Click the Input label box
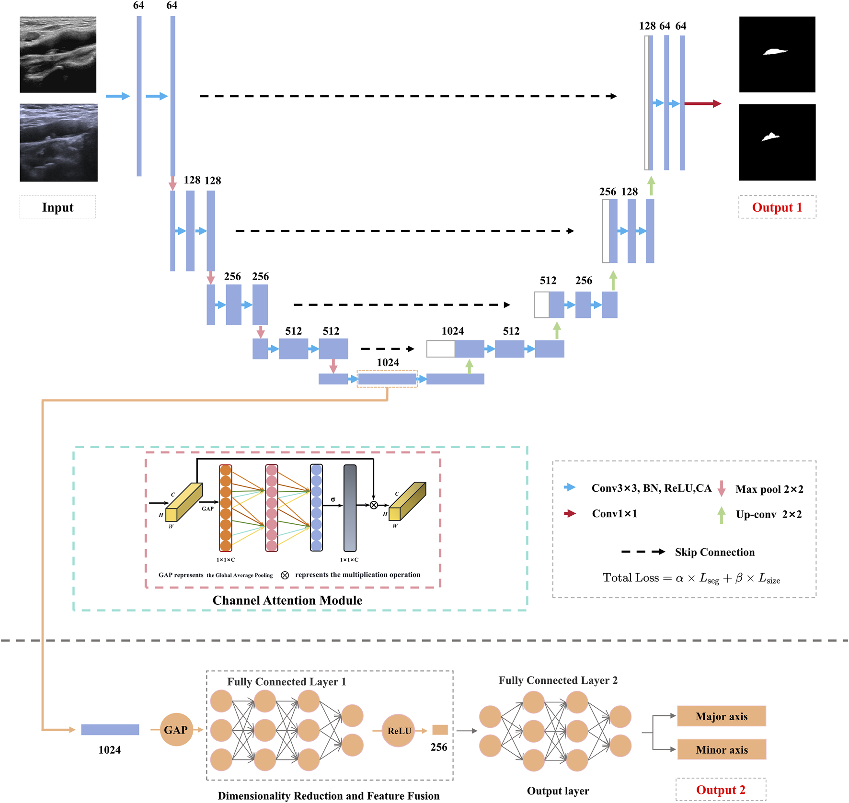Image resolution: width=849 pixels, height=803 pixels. [57, 207]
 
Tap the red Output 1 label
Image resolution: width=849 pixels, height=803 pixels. [777, 207]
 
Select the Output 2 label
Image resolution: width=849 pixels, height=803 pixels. [720, 790]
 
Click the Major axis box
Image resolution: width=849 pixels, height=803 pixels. [721, 716]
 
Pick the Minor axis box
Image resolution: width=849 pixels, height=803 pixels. [721, 750]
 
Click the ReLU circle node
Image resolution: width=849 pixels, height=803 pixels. [399, 731]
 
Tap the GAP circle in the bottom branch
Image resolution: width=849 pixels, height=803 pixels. [176, 730]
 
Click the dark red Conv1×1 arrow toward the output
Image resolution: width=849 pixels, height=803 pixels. [702, 103]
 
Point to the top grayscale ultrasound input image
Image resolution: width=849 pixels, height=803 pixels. [58, 55]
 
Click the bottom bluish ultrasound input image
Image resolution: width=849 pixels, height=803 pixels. [58, 143]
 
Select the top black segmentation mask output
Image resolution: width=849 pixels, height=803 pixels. [777, 55]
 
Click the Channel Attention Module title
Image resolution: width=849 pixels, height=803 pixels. [287, 600]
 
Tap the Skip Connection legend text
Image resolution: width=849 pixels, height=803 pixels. [714, 552]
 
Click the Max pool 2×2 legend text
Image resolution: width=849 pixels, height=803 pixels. [769, 489]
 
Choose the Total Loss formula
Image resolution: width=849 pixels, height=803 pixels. [691, 578]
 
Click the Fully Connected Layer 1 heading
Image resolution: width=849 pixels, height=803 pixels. [287, 681]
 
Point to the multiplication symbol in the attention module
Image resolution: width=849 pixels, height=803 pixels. [374, 505]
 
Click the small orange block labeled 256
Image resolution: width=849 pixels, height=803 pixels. [440, 730]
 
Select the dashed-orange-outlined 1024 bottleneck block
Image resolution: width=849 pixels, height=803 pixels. [387, 379]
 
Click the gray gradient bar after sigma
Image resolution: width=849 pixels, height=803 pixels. [350, 508]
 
